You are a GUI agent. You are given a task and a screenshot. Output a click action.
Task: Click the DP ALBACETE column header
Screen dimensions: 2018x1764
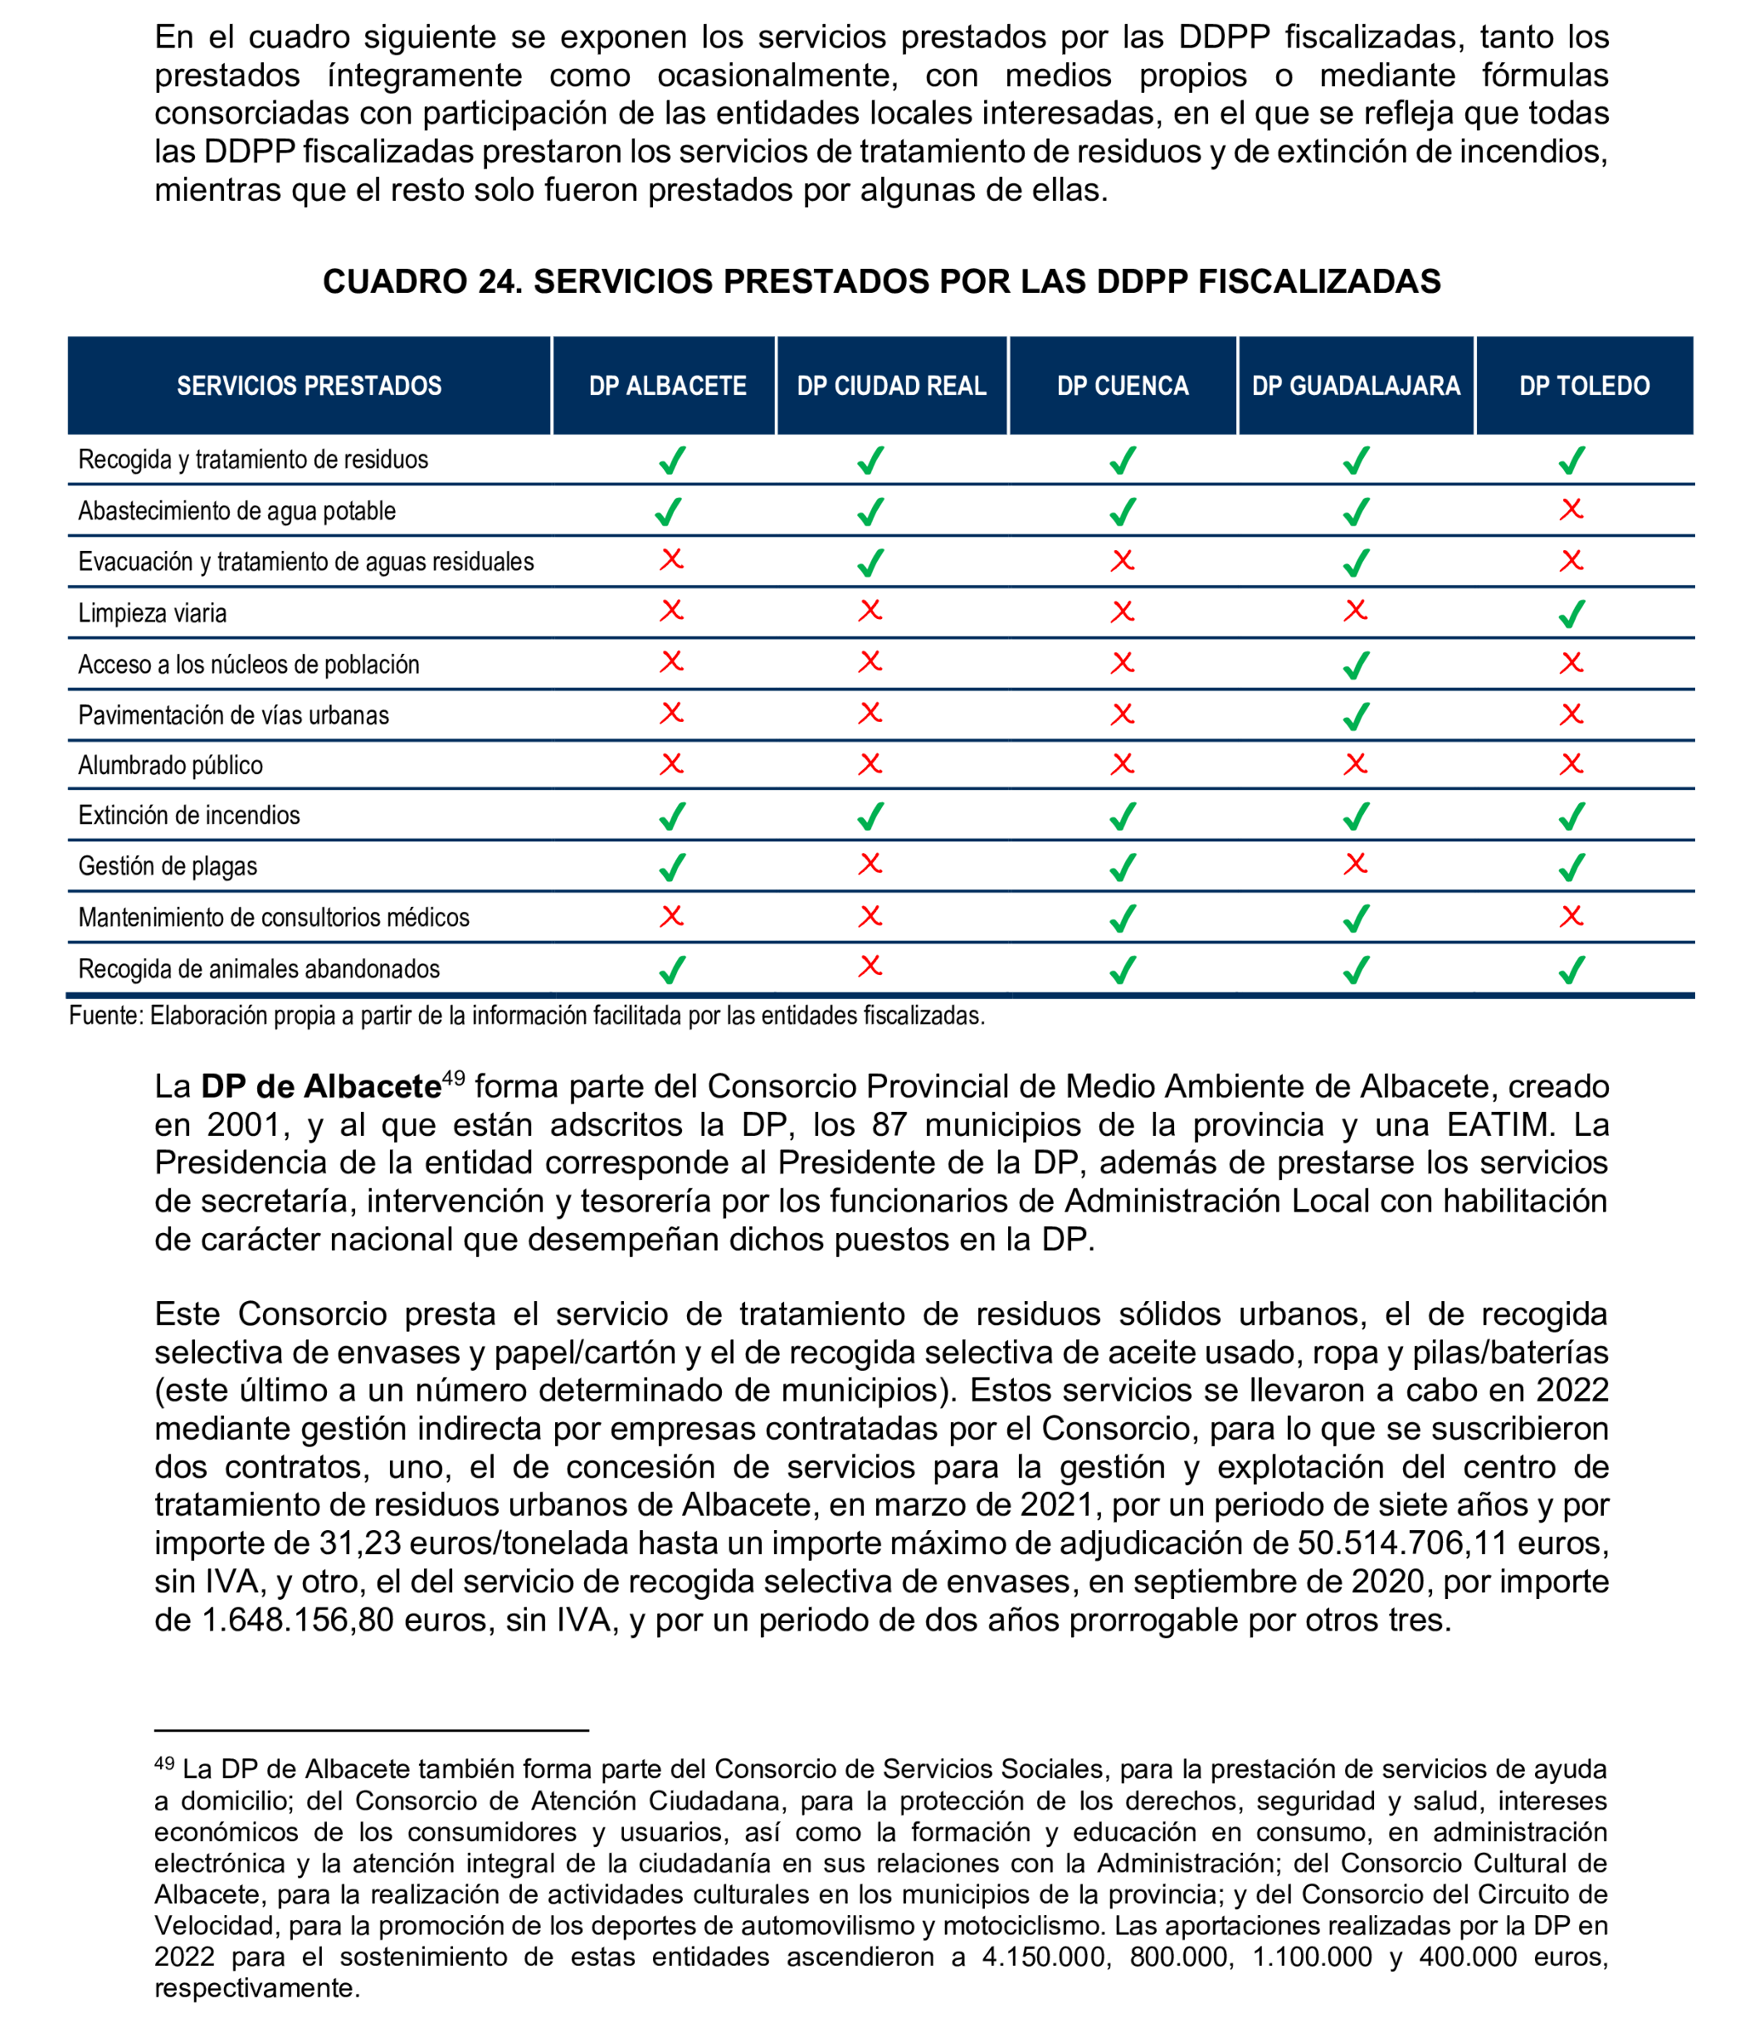pyautogui.click(x=667, y=386)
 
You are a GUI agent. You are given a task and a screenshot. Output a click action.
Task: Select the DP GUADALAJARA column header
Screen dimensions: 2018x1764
pyautogui.click(x=1356, y=386)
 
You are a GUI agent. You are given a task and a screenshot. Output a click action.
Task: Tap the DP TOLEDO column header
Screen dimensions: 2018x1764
pyautogui.click(x=1584, y=386)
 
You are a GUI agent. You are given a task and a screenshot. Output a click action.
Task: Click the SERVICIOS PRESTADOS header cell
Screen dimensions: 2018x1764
pyautogui.click(x=309, y=386)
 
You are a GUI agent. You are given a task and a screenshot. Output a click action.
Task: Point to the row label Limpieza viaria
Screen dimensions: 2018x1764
pyautogui.click(x=153, y=613)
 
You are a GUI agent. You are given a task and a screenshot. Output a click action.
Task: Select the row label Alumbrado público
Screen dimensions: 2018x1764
pyautogui.click(x=170, y=765)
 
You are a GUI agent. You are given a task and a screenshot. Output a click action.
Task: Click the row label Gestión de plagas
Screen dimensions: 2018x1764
pyautogui.click(x=168, y=866)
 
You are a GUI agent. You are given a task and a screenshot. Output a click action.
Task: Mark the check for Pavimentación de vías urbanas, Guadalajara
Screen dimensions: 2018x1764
pyautogui.click(x=1357, y=715)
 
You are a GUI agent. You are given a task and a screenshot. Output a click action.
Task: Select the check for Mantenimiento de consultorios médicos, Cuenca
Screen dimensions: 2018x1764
pyautogui.click(x=1122, y=918)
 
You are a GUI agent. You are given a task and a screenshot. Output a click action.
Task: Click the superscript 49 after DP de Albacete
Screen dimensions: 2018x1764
pyautogui.click(x=454, y=1078)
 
